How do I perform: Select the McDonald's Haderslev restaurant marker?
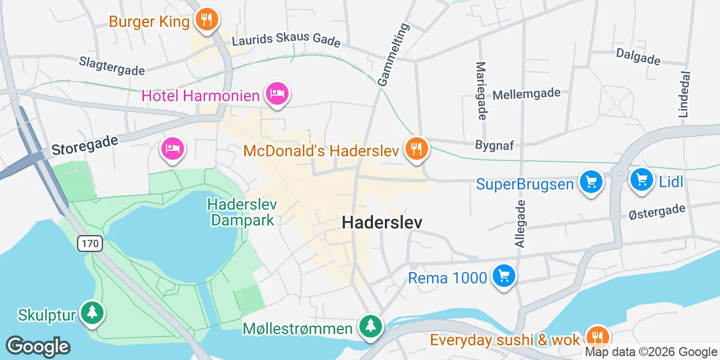416,149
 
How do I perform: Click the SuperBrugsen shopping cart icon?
591,182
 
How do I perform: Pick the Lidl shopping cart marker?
641,180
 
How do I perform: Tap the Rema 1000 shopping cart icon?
503,276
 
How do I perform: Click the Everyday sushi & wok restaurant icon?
597,337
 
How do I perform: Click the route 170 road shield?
90,244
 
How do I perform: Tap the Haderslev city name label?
382,223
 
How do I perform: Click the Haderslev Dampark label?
242,211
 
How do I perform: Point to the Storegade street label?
85,145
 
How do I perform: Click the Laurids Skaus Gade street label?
286,39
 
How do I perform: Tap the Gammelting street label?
392,55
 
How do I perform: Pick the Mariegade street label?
481,91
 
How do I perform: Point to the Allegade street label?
520,224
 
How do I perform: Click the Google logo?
38,346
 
